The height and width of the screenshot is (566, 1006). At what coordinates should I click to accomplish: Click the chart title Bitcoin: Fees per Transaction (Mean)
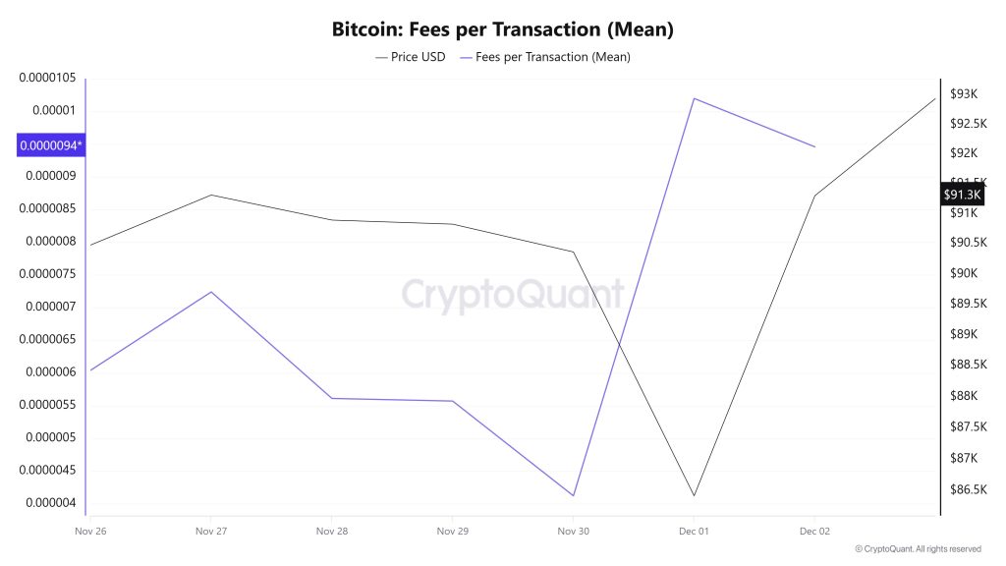[502, 29]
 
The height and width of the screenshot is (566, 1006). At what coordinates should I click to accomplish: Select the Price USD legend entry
[411, 57]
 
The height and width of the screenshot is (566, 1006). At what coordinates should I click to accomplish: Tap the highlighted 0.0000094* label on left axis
[51, 145]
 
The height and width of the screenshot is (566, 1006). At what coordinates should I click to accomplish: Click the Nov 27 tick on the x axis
[211, 532]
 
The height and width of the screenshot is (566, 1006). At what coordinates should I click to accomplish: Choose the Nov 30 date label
[573, 532]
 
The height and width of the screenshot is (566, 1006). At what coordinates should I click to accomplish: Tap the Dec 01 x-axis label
[694, 532]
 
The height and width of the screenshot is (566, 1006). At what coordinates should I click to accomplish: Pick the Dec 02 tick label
[814, 532]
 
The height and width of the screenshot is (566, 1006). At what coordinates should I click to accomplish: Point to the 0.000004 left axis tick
[51, 503]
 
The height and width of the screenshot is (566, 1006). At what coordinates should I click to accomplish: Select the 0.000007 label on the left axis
[51, 307]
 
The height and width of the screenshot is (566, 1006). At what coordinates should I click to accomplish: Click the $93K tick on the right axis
[964, 94]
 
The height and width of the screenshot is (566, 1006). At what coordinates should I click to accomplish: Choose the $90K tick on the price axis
[964, 273]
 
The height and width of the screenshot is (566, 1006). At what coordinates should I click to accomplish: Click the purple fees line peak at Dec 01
[694, 98]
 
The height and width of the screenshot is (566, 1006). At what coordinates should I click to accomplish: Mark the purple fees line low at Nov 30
[573, 495]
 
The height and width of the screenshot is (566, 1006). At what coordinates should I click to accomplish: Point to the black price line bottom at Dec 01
[694, 495]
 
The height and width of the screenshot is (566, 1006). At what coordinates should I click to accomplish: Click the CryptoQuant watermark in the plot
[513, 293]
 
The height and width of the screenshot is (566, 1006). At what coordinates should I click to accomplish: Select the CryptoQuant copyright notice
[918, 549]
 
